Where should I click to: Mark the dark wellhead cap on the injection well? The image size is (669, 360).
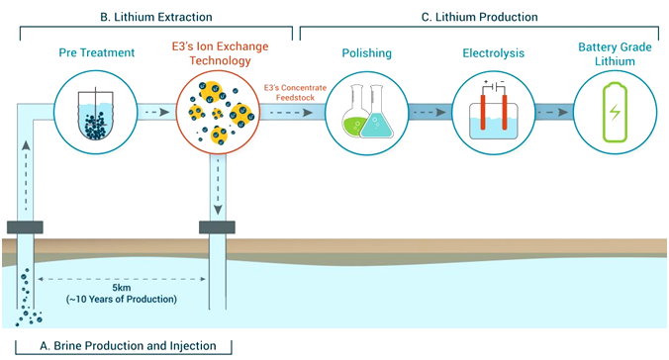point(216,228)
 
